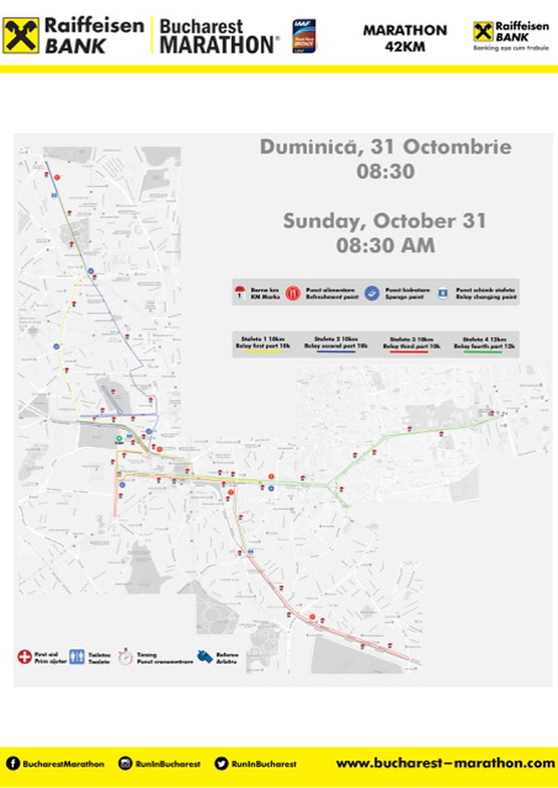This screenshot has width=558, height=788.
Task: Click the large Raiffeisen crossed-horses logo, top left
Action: tap(21, 35)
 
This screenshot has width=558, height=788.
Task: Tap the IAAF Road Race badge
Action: tap(304, 36)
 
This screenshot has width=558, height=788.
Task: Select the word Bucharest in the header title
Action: tap(201, 27)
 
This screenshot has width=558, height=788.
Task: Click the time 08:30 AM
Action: tap(385, 245)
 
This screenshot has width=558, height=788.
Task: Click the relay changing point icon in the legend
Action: tap(443, 292)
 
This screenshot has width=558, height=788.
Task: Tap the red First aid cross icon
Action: tap(24, 657)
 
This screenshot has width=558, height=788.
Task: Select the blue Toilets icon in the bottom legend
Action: tap(77, 657)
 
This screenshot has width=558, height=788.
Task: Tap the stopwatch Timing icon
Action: tap(126, 656)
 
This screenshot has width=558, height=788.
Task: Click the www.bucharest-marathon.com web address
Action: tap(445, 763)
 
